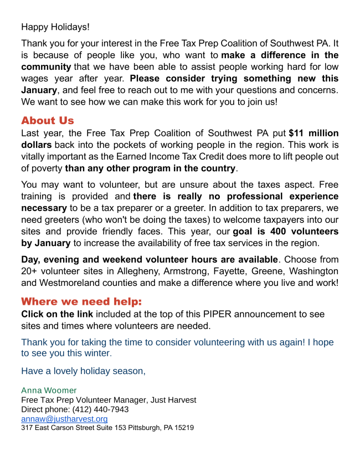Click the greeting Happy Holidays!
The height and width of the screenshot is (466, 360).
pyautogui.click(x=55, y=27)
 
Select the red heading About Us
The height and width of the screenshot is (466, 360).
pyautogui.click(x=47, y=121)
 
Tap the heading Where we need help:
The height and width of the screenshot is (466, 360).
pyautogui.click(x=81, y=302)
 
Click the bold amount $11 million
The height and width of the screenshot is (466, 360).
pyautogui.click(x=313, y=134)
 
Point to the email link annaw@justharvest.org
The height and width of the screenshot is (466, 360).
pyautogui.click(x=64, y=419)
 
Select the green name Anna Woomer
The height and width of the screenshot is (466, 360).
pyautogui.click(x=49, y=391)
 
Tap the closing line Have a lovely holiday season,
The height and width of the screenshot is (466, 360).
pyautogui.click(x=83, y=371)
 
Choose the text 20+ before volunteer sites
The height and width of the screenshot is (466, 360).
pyautogui.click(x=30, y=271)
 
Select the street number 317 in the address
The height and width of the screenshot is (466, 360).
pyautogui.click(x=27, y=428)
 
